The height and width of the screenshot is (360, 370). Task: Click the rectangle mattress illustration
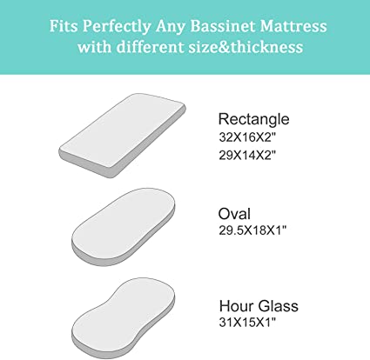pos(122,136)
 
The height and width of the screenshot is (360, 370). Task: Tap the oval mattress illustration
pos(124,227)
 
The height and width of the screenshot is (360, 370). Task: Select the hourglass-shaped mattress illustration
pos(124,318)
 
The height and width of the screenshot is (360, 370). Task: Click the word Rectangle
pos(253,119)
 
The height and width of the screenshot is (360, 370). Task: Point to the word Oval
pos(234,214)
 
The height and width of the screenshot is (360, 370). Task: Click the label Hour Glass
pos(259,306)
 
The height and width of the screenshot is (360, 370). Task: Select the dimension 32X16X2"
pos(247,137)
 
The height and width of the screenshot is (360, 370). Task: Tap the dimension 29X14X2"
pos(247,155)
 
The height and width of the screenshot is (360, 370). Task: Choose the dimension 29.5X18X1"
pos(252,230)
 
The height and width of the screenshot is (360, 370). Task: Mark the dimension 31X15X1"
pos(247,322)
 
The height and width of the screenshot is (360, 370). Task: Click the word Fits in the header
pos(64,26)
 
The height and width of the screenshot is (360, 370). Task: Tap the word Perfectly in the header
pos(117,27)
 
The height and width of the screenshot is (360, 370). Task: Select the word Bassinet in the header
pos(222,26)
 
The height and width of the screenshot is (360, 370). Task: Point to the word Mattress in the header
pos(293,26)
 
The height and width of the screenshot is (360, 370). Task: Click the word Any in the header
pos(171,27)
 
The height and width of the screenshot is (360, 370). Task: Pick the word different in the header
pos(150,47)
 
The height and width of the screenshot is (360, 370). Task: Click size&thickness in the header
pos(246,47)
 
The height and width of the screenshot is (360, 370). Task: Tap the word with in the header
pos(95,47)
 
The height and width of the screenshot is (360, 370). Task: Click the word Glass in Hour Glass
pos(278,306)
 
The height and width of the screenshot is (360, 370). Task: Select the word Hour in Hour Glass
pos(236,306)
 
